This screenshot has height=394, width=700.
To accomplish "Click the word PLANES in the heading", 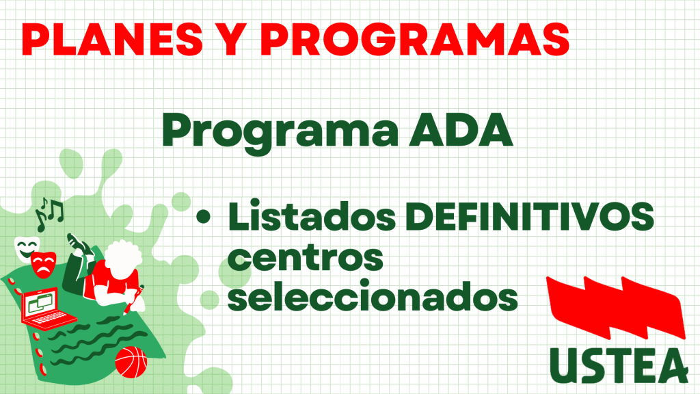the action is click(x=112, y=39).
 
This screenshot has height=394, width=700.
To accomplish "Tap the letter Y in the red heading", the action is click(x=230, y=39).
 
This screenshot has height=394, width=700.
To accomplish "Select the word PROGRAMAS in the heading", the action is click(x=414, y=39).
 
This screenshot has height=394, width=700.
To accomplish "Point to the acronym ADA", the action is click(x=461, y=130).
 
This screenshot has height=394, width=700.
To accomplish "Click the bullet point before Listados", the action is click(x=203, y=217).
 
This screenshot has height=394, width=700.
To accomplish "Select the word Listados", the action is click(x=312, y=216).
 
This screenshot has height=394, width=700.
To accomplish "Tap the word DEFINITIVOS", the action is click(x=530, y=216).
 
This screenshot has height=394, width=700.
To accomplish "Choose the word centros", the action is click(x=306, y=258).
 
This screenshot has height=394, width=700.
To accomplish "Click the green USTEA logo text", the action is click(x=619, y=365).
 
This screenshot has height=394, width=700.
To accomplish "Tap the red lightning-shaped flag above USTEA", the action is click(x=616, y=307).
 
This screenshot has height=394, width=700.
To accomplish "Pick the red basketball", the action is click(x=131, y=362).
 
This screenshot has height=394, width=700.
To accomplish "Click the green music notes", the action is click(x=49, y=213).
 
